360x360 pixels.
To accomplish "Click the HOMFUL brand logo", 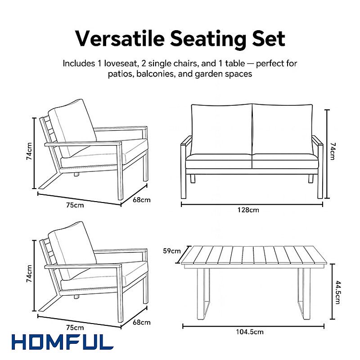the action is click(x=63, y=342).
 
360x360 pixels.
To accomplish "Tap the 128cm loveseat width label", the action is click(x=248, y=210).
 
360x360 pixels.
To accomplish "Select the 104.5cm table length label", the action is click(x=250, y=332).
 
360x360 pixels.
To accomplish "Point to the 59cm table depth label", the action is click(x=172, y=251).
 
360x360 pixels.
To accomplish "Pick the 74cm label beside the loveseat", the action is click(x=333, y=151).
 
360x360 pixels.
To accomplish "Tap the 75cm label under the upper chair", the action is click(x=75, y=205).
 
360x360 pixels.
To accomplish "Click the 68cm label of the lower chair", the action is click(x=142, y=322).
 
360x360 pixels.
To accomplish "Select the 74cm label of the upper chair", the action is click(x=29, y=151).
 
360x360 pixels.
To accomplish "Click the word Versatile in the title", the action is click(x=120, y=38).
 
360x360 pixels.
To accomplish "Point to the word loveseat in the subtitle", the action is click(x=121, y=63).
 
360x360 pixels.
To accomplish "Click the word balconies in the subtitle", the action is click(x=156, y=74).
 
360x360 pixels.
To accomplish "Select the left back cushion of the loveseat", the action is click(x=222, y=130).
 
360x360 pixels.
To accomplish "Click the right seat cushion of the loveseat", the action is click(x=285, y=161).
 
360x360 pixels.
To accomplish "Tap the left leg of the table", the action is click(x=203, y=294).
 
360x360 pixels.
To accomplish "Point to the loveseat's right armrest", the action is click(x=318, y=142).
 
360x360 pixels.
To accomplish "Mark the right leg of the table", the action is click(x=304, y=294).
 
